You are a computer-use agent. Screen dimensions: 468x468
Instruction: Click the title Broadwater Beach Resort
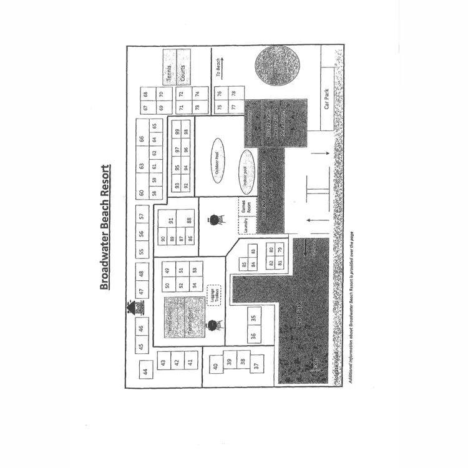105,228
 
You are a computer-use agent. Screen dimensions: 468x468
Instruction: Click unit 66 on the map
142,139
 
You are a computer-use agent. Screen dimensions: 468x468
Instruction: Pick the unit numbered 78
233,94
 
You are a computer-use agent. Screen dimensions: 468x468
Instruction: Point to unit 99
177,132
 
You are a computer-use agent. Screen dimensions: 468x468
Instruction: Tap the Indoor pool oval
245,169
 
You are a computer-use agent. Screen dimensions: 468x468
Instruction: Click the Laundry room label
246,229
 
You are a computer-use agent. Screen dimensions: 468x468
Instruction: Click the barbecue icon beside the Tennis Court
213,325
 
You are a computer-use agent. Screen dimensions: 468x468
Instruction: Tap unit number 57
142,217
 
